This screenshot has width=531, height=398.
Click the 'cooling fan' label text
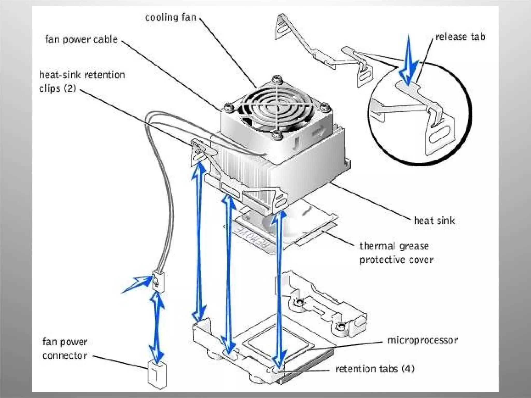pos(170,17)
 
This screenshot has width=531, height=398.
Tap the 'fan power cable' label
pos(81,39)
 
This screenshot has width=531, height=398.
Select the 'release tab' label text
pos(460,37)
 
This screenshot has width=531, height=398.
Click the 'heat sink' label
pos(434,221)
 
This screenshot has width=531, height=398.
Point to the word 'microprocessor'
pos(423,340)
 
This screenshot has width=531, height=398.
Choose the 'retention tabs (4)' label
pos(375,368)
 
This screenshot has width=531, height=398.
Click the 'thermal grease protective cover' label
pos(396,253)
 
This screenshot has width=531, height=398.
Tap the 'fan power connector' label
pos(65,349)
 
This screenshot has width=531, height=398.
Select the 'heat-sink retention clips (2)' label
pos(82,81)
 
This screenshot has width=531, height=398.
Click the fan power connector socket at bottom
pos(157,375)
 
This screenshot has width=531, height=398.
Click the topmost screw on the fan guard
pos(276,78)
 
